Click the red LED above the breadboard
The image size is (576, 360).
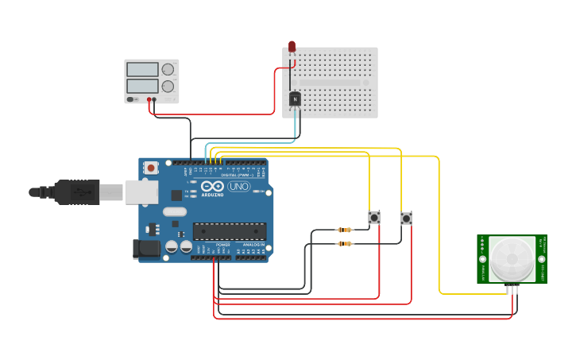(x=292, y=47)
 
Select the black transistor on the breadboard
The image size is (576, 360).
(x=295, y=99)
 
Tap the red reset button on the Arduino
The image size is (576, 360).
(x=151, y=168)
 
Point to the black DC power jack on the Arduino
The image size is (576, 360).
(x=146, y=249)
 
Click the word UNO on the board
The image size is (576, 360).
(x=238, y=186)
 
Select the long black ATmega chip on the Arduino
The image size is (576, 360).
(x=230, y=231)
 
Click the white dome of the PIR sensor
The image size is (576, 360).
(x=511, y=259)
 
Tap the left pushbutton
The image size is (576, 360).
(x=373, y=217)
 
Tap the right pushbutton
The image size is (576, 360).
(x=406, y=218)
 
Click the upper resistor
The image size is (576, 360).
(x=345, y=230)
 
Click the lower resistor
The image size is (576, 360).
(x=345, y=243)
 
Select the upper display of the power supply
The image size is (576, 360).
(x=142, y=70)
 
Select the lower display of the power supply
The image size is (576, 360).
(x=142, y=86)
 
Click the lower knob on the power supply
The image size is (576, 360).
(x=168, y=86)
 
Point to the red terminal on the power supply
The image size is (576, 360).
(x=149, y=99)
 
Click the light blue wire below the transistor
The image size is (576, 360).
(x=296, y=127)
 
